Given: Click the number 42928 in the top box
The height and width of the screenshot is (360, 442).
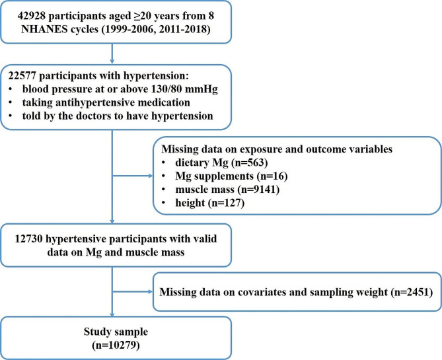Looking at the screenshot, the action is pyautogui.click(x=31, y=16).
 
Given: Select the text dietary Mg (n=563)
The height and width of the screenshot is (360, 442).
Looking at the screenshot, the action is pyautogui.click(x=221, y=162).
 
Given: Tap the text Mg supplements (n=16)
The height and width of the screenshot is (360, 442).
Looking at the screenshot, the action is pyautogui.click(x=231, y=176).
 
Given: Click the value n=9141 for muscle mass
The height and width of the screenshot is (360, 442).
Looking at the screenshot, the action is pyautogui.click(x=258, y=190).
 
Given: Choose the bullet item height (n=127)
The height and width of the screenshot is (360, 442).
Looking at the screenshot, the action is pyautogui.click(x=209, y=203).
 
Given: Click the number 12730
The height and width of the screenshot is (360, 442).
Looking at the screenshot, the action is pyautogui.click(x=28, y=238).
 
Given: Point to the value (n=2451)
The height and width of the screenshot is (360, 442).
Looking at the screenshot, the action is pyautogui.click(x=412, y=292).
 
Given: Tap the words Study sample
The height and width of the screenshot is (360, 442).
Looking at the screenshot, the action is pyautogui.click(x=116, y=332).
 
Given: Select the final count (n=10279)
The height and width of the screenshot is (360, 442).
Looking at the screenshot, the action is pyautogui.click(x=116, y=345).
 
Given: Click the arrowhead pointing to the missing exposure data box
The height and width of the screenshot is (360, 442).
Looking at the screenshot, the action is pyautogui.click(x=151, y=176).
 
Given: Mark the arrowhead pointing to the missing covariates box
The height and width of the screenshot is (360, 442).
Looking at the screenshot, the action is pyautogui.click(x=151, y=291).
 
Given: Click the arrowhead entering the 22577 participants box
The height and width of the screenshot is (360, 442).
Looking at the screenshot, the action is pyautogui.click(x=112, y=61).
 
